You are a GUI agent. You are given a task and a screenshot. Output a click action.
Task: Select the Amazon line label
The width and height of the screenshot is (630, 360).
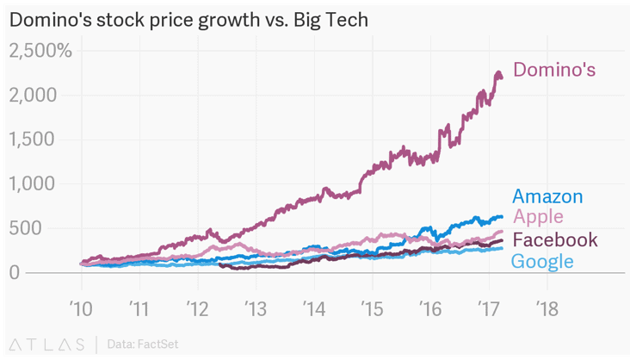(547, 196)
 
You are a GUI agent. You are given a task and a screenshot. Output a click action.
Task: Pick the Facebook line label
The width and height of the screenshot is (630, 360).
(554, 239)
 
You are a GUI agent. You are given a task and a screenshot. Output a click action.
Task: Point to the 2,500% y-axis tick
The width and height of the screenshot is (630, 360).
(40, 51)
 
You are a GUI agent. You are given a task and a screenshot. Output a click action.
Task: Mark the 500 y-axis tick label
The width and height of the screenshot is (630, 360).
(50, 228)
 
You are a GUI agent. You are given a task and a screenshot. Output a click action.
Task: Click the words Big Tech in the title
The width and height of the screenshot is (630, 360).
(333, 18)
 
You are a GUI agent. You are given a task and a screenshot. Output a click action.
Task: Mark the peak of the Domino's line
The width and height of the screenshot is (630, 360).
(498, 74)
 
